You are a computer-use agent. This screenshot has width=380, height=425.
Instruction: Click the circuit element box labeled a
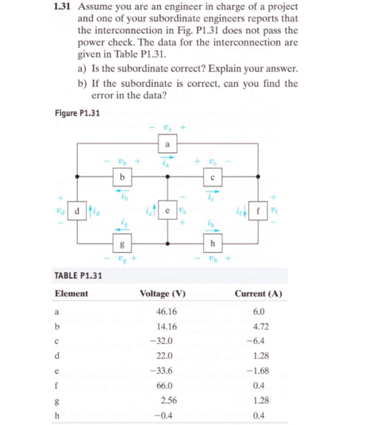pos(166,144)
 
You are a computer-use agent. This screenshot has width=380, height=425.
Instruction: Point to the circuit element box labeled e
pos(166,210)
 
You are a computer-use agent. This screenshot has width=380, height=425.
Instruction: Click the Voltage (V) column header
pos(162,294)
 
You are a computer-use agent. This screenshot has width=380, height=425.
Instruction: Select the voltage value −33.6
pos(163,370)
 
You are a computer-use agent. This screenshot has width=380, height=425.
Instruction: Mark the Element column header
pos(71,294)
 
